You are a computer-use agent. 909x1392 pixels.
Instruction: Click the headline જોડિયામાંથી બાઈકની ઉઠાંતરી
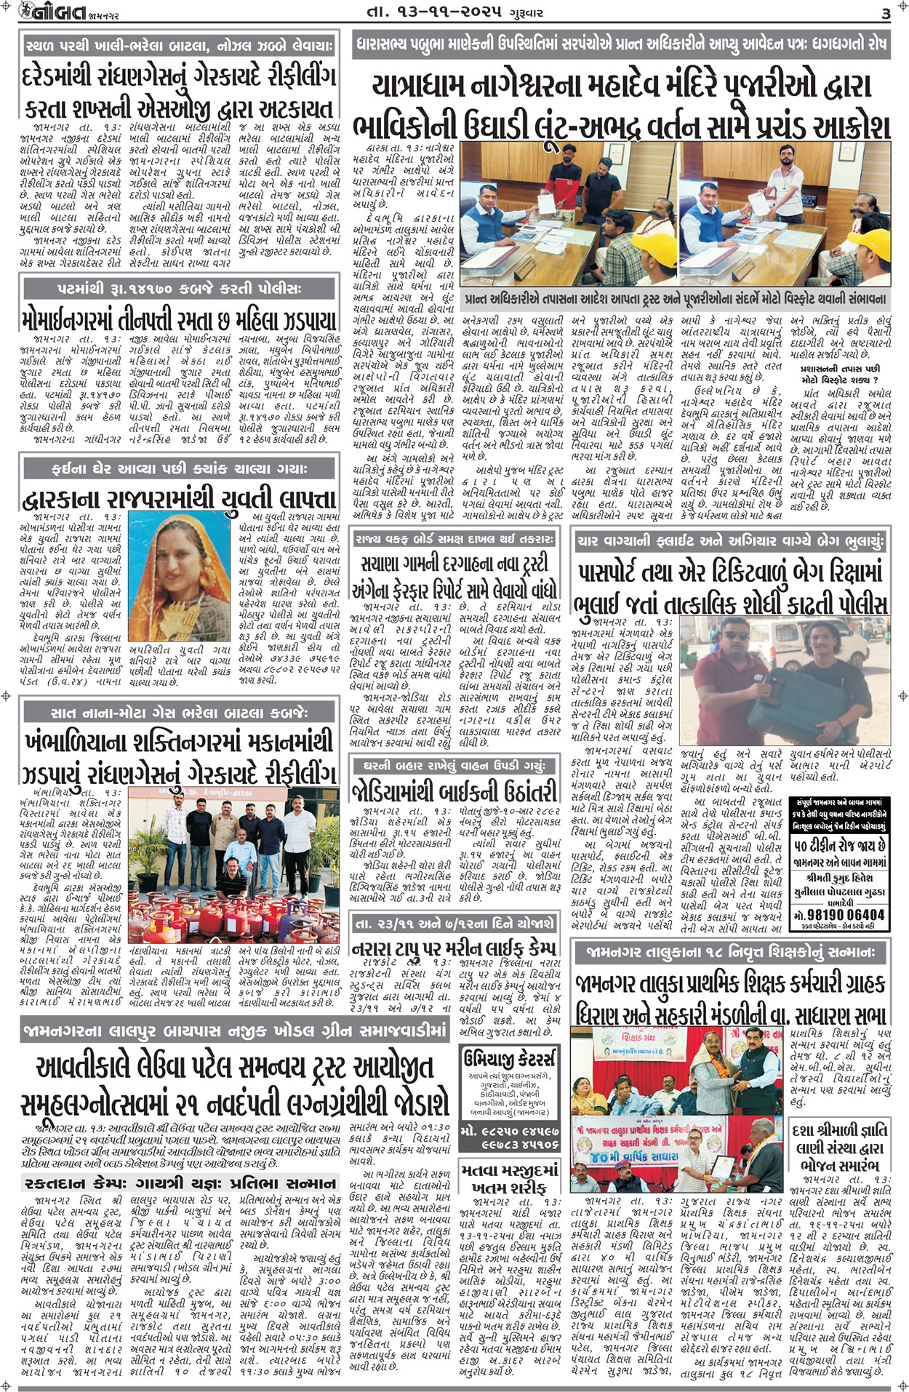point(454,791)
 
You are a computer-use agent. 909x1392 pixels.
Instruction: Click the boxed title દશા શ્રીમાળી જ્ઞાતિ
point(839,1130)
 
